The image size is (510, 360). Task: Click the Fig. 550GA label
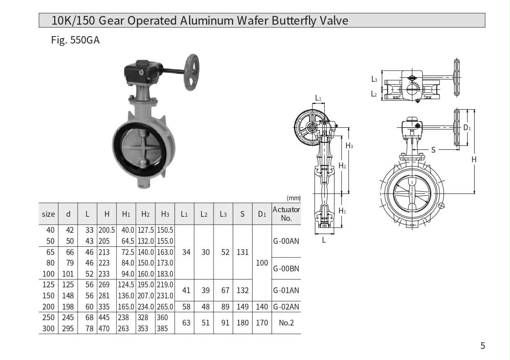pos(75,40)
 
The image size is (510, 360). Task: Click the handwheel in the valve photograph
pos(192,72)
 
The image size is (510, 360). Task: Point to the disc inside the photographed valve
pos(141,149)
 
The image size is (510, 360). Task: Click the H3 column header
pos(165,214)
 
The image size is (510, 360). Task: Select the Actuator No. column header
pos(286,214)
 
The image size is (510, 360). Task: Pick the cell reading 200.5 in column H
pos(106,230)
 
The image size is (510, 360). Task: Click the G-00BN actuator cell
pos(286,268)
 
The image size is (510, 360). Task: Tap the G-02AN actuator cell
pos(286,307)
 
